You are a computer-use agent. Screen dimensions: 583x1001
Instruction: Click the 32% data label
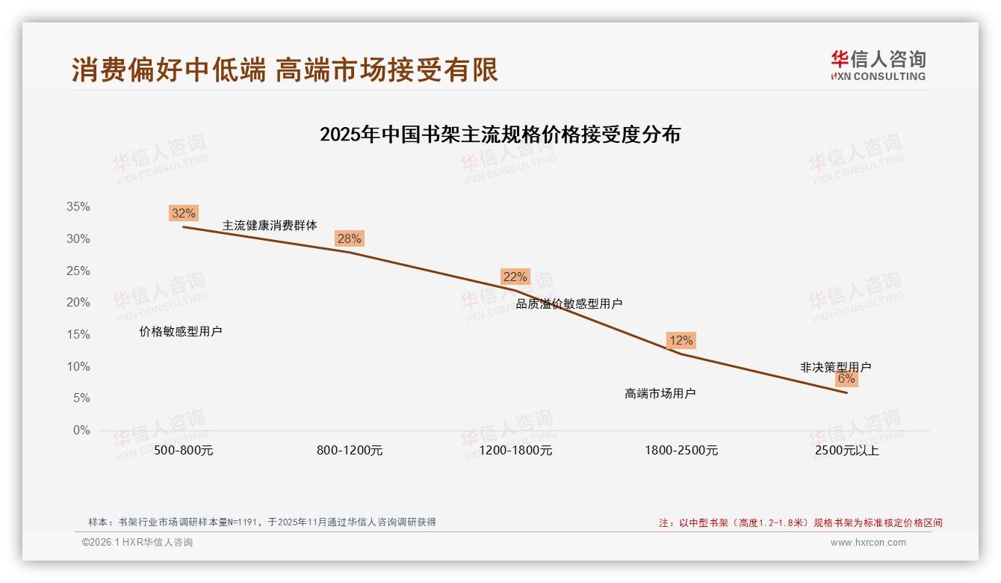[183, 213]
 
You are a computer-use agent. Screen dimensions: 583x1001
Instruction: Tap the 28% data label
[349, 238]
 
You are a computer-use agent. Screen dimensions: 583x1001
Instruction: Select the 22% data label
[515, 277]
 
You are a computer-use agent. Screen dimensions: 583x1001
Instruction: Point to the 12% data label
[681, 340]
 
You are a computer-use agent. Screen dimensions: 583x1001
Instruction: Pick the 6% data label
[846, 378]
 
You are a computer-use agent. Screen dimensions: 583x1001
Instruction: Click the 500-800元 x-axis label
[183, 451]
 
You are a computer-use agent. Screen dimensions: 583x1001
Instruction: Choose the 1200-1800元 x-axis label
[515, 451]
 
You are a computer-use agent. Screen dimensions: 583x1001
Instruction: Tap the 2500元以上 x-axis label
[847, 451]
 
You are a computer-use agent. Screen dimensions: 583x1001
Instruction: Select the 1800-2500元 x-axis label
[681, 451]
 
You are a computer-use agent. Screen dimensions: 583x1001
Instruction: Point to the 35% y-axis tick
[78, 207]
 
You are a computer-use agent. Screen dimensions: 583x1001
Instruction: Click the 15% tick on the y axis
[78, 335]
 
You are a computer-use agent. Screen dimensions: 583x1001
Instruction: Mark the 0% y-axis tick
[81, 431]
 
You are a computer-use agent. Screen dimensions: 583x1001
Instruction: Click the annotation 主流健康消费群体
[270, 225]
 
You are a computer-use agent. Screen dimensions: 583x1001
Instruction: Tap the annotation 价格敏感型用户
[181, 331]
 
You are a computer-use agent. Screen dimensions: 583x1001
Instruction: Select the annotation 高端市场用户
[660, 393]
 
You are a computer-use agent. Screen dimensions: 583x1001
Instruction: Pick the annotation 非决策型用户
[835, 367]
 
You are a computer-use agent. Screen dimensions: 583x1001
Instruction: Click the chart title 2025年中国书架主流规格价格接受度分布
[500, 135]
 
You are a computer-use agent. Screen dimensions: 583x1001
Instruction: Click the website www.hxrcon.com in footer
[868, 543]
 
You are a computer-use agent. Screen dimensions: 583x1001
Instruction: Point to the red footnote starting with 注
[800, 522]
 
